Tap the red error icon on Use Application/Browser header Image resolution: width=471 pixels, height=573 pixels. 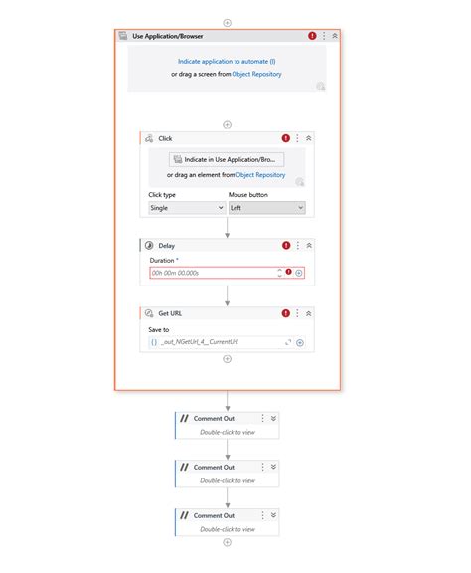[312, 35]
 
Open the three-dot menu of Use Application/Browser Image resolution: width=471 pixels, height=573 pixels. [324, 35]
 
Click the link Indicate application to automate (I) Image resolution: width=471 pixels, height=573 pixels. [227, 61]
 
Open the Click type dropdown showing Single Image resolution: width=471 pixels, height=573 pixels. [186, 208]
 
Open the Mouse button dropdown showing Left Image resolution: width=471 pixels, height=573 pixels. [266, 208]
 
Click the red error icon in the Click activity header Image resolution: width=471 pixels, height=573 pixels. [286, 138]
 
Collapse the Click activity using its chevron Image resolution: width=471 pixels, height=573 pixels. [309, 138]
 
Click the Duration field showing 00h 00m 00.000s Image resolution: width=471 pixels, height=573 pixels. [211, 272]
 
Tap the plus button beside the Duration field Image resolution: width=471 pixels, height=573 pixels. [299, 272]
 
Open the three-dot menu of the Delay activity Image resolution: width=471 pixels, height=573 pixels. [297, 244]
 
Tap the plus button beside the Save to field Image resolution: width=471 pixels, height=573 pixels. [299, 342]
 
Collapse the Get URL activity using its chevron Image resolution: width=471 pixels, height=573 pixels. [309, 312]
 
